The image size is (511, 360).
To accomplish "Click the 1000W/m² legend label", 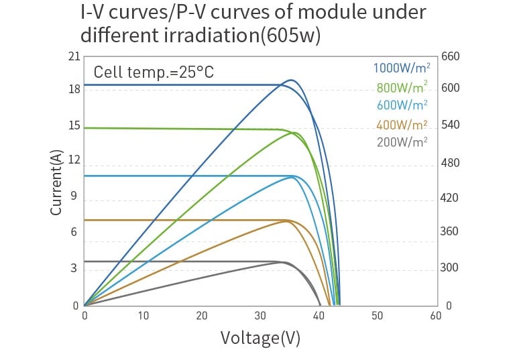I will coord(401,68).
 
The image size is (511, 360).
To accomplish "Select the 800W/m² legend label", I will coord(401,87).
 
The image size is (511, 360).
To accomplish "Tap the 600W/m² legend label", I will coord(401,105).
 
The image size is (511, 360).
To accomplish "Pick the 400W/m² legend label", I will coord(401,125).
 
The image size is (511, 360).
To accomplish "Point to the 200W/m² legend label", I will coord(401,142).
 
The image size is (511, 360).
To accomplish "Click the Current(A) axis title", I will coord(57,182).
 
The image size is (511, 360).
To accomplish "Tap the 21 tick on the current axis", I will coord(74,56).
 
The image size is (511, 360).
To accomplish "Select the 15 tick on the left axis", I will coord(74,126).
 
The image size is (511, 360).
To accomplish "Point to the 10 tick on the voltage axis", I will coord(143,316).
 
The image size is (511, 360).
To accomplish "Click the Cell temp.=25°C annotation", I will coord(153,72).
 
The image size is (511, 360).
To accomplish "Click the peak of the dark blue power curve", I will coord(291,80).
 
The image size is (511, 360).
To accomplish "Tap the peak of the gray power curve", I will coord(283,262).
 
